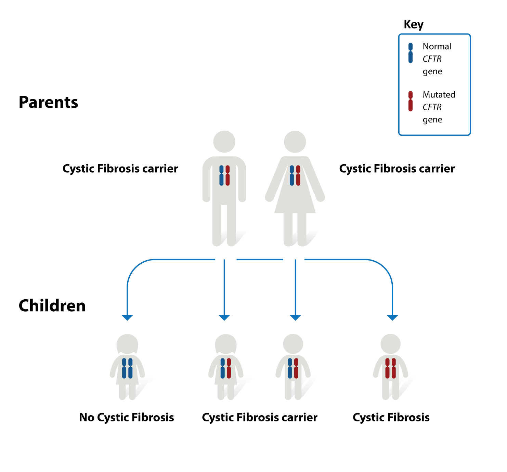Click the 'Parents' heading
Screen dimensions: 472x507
pyautogui.click(x=48, y=102)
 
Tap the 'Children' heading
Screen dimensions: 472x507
pyautogui.click(x=52, y=305)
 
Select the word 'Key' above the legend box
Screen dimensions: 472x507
pyautogui.click(x=413, y=25)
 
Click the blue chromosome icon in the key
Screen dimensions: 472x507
pyautogui.click(x=411, y=53)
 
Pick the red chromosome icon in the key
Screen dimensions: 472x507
pyautogui.click(x=411, y=101)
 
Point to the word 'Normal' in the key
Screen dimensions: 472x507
pyautogui.click(x=437, y=47)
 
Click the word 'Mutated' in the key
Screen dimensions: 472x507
pyautogui.click(x=439, y=95)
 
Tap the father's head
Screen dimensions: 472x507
pyautogui.click(x=224, y=142)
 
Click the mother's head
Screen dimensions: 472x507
pyautogui.click(x=295, y=142)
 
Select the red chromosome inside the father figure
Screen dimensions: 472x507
pyautogui.click(x=227, y=175)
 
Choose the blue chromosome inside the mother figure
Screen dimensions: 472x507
pyautogui.click(x=292, y=175)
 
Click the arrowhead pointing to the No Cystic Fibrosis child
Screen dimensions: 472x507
pyautogui.click(x=127, y=317)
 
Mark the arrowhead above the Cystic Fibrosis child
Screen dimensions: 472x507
pyautogui.click(x=392, y=317)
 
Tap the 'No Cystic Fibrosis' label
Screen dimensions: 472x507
pyautogui.click(x=127, y=417)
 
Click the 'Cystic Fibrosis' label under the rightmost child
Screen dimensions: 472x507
pyautogui.click(x=391, y=417)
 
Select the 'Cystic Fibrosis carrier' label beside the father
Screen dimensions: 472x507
pyautogui.click(x=120, y=169)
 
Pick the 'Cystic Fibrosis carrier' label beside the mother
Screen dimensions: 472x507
pyautogui.click(x=397, y=169)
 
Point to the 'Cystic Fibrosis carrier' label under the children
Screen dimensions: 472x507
pyautogui.click(x=260, y=417)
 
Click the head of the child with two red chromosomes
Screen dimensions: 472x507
pyautogui.click(x=391, y=344)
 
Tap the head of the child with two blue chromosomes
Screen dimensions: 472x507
pyautogui.click(x=127, y=344)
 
